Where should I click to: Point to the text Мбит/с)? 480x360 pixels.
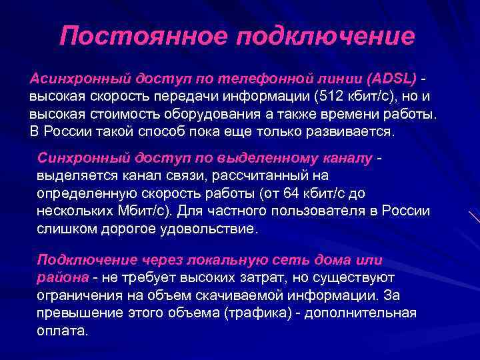(x=149, y=211)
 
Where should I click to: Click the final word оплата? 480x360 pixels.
(x=62, y=331)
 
